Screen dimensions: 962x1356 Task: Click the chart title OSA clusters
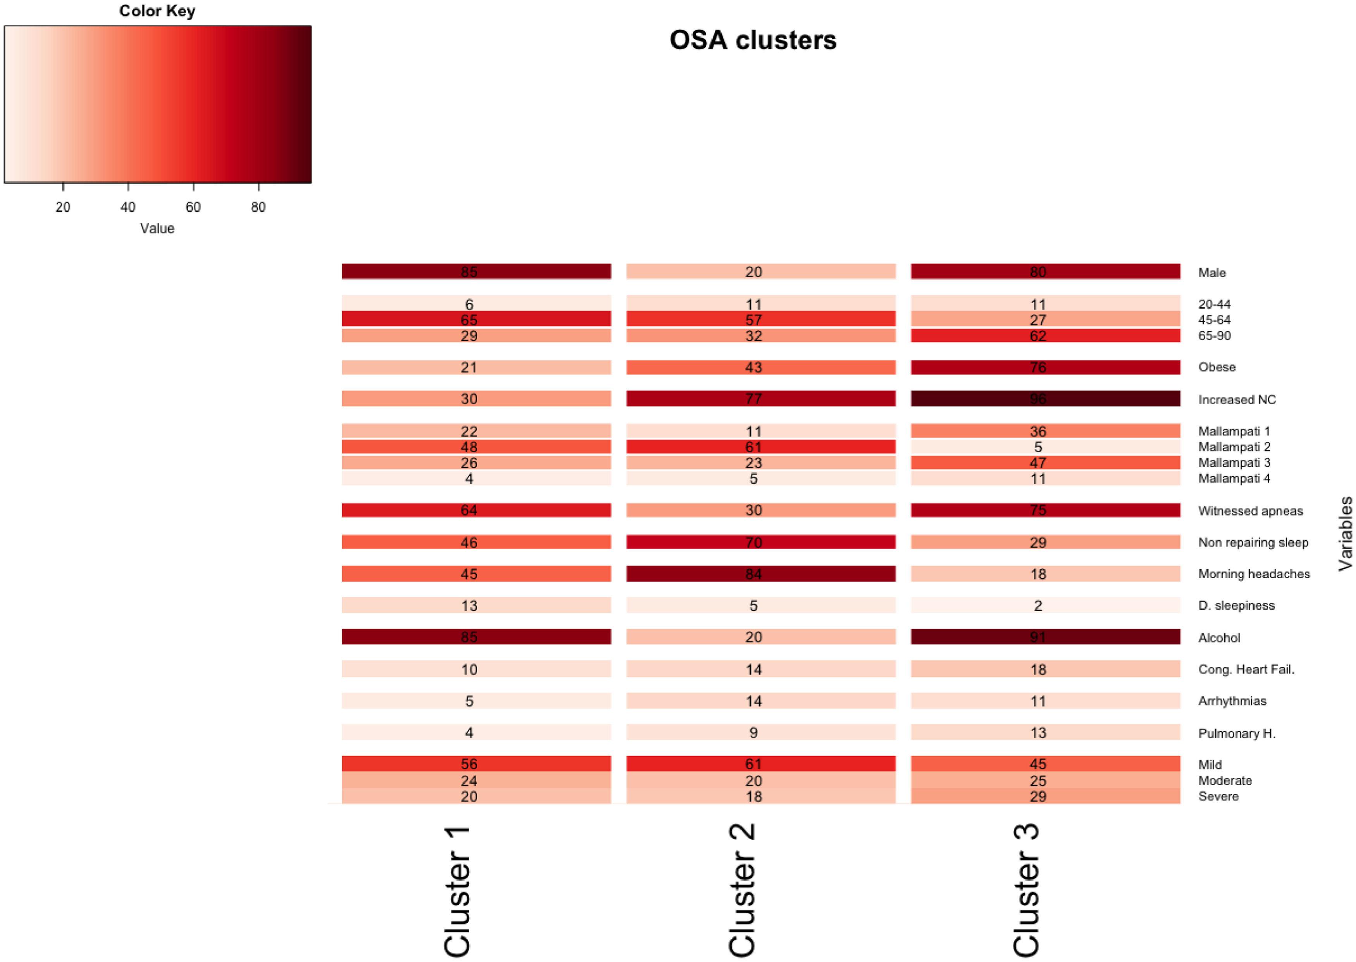[x=753, y=40]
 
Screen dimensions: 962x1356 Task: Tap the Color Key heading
[x=157, y=11]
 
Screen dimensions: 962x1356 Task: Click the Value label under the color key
[x=157, y=229]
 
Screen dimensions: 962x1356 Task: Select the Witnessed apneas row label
[x=1250, y=510]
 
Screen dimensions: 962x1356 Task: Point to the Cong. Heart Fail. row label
[x=1246, y=669]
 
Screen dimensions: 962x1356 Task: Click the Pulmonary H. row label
[x=1236, y=733]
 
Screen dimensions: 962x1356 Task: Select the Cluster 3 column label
[x=1026, y=890]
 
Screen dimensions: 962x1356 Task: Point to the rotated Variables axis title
[x=1345, y=533]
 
